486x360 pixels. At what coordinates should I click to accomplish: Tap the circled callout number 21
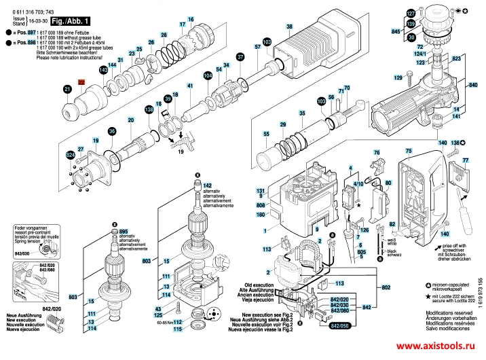click(67, 89)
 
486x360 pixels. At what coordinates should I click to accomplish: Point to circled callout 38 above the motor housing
click(289, 28)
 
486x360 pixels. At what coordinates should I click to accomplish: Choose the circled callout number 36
click(113, 132)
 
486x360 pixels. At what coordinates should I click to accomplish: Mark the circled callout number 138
click(149, 109)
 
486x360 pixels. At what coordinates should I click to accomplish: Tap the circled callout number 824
click(69, 156)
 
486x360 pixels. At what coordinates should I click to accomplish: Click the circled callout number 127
click(411, 14)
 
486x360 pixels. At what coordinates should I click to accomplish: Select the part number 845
click(396, 31)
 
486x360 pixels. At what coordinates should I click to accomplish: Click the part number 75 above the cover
click(409, 149)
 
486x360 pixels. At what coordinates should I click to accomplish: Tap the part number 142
click(207, 185)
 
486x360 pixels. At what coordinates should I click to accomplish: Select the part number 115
click(177, 329)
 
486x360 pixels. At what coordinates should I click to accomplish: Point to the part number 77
click(466, 160)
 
